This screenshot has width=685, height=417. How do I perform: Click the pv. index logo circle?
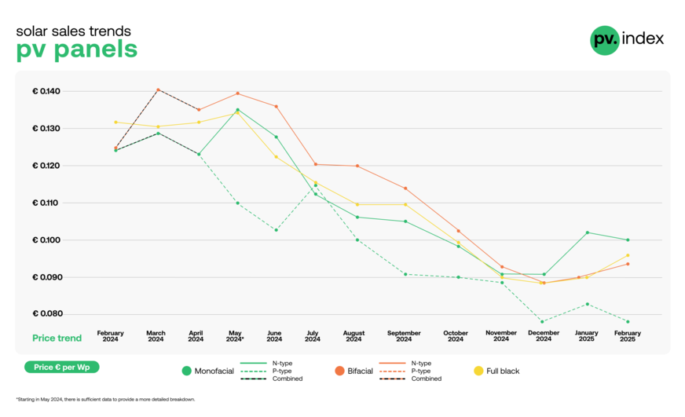604,40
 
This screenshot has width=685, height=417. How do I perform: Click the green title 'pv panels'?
76,49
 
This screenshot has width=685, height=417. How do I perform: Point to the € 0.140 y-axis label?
46,91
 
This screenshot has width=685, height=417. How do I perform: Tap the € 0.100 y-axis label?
46,240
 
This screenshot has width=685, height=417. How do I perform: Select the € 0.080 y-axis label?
46,314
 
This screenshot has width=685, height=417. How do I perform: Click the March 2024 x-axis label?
156,336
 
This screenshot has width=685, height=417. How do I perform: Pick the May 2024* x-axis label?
236,336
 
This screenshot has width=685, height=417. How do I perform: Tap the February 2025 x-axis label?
627,336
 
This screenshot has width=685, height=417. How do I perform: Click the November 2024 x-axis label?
501,336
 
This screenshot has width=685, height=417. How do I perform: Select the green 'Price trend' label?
57,338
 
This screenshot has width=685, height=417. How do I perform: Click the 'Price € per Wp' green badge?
61,367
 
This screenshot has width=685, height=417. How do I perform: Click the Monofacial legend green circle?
186,371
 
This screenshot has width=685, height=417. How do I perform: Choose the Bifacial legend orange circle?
340,371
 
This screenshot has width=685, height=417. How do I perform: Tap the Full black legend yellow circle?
478,371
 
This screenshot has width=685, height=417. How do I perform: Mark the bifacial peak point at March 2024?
158,90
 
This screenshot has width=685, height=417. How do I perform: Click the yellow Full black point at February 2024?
115,122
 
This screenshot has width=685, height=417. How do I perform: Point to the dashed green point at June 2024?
275,230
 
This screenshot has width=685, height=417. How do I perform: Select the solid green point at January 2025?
587,232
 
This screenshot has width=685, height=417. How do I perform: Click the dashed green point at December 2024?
543,321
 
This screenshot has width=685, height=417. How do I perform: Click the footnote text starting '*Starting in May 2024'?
105,399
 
